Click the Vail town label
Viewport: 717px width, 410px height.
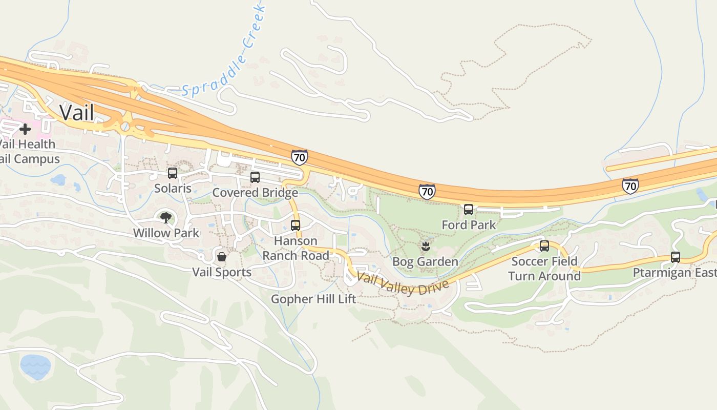[x=77, y=112]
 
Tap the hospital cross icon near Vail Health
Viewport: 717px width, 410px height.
[x=25, y=129]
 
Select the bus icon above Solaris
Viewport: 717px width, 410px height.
[x=173, y=173]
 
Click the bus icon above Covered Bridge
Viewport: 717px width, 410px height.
[x=255, y=177]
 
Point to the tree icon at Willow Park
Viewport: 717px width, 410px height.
[x=165, y=218]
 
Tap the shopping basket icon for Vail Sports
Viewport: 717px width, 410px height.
[x=222, y=256]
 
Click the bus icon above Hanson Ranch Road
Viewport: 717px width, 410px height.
[x=296, y=225]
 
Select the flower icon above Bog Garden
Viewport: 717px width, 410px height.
[x=425, y=247]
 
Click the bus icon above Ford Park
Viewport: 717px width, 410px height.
[x=469, y=209]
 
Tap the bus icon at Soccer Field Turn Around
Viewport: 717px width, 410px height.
[x=544, y=246]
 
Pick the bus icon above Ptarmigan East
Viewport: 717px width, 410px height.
[x=676, y=257]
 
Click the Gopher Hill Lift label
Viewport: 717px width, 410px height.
[x=313, y=299]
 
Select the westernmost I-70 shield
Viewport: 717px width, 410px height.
[x=300, y=157]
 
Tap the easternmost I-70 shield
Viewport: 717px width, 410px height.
[x=630, y=186]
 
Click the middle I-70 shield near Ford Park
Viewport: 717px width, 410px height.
[x=427, y=192]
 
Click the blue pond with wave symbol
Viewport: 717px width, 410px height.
[x=35, y=367]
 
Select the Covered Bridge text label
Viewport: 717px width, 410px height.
[x=255, y=193]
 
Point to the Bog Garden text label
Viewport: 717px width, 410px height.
[x=425, y=262]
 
